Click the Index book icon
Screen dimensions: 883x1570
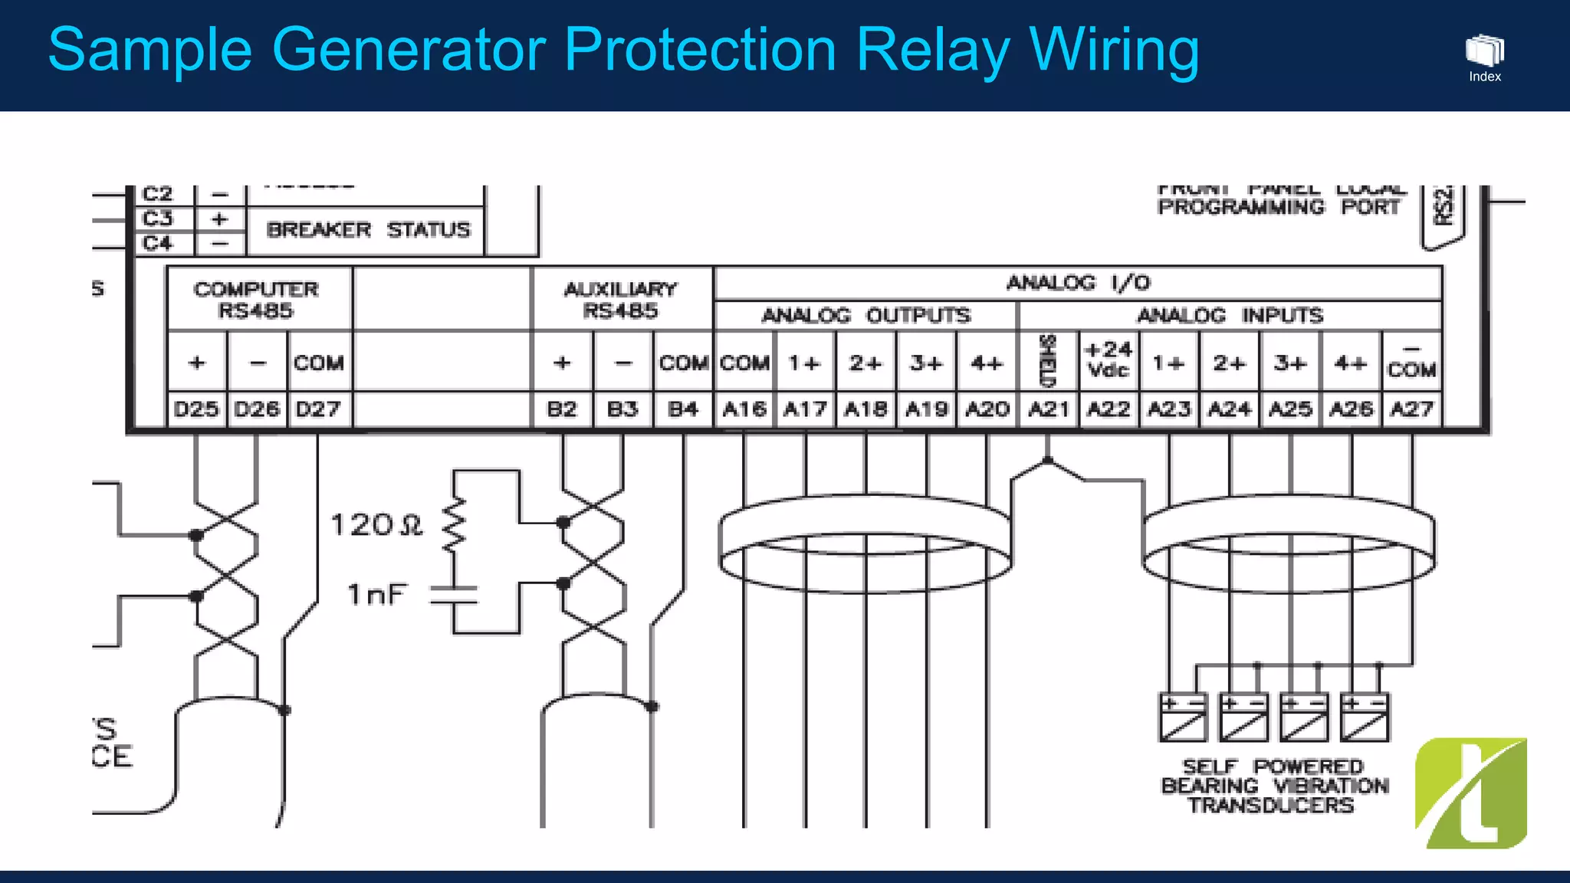click(1484, 51)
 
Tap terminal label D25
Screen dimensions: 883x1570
click(196, 409)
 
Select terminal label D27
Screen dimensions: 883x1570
click(318, 409)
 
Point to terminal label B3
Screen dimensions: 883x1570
click(622, 409)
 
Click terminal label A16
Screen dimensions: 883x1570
click(744, 409)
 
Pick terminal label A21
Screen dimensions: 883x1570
click(1048, 409)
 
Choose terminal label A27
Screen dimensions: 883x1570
click(1412, 409)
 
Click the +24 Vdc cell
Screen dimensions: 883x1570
click(1109, 359)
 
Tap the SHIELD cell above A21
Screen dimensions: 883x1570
click(1048, 360)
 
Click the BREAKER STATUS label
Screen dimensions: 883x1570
click(368, 230)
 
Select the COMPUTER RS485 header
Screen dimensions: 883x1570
click(256, 300)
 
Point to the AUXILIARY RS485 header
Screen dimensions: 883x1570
click(621, 300)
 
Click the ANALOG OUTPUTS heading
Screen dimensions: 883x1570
click(865, 316)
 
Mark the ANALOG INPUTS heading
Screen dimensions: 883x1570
click(1230, 316)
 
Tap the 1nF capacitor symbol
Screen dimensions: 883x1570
click(454, 595)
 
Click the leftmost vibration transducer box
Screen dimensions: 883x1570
click(1182, 717)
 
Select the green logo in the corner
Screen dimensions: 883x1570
click(1470, 793)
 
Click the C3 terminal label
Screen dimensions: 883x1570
click(158, 219)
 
